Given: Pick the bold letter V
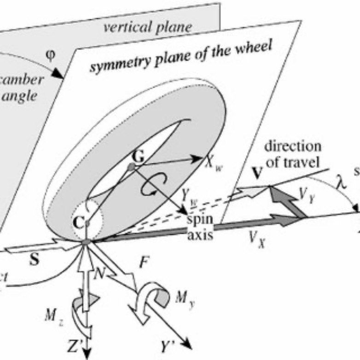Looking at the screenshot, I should click(x=258, y=173).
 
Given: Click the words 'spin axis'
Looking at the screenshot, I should click(x=201, y=228).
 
